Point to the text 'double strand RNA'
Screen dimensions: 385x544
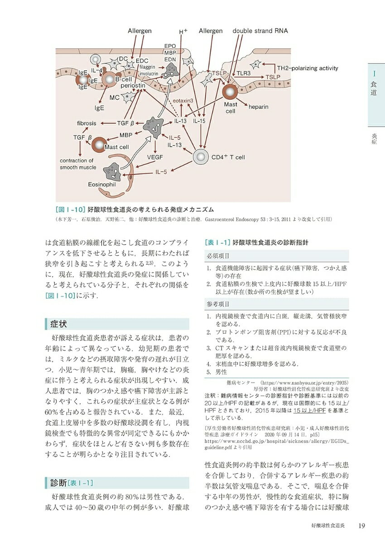pyautogui.click(x=260, y=31)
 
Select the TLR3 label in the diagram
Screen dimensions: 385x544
pyautogui.click(x=245, y=73)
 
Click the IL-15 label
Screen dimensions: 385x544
pyautogui.click(x=200, y=121)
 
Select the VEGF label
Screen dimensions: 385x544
pyautogui.click(x=155, y=157)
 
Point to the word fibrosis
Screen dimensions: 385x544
pyautogui.click(x=87, y=123)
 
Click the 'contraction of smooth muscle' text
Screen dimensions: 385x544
pyautogui.click(x=78, y=164)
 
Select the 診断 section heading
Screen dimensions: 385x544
pyautogui.click(x=59, y=481)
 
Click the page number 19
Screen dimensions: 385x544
pyautogui.click(x=361, y=526)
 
